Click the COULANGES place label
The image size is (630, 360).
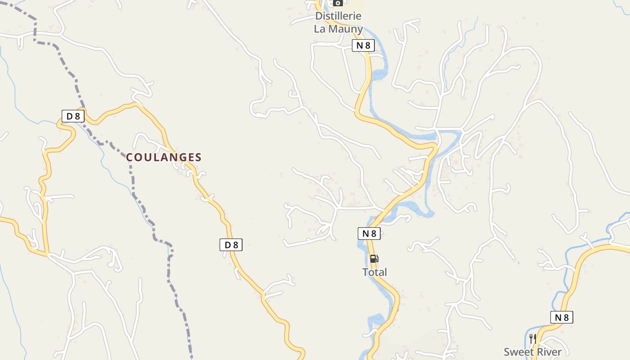(164, 157)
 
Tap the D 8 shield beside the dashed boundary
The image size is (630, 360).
(73, 116)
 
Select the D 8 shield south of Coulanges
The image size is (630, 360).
(231, 245)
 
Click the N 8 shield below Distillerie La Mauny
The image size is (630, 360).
(363, 45)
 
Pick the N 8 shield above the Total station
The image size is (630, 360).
(369, 233)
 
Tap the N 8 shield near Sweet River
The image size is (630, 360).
(562, 317)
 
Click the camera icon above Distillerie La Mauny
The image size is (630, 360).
(338, 3)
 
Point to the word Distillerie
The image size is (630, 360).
(338, 16)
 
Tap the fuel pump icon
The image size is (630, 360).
(374, 259)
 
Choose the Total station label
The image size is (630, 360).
(374, 272)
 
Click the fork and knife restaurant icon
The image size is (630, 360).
(533, 338)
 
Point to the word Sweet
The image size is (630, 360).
(518, 352)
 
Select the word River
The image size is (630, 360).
(549, 352)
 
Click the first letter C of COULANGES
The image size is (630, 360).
(130, 157)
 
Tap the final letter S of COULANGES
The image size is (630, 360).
(198, 157)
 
